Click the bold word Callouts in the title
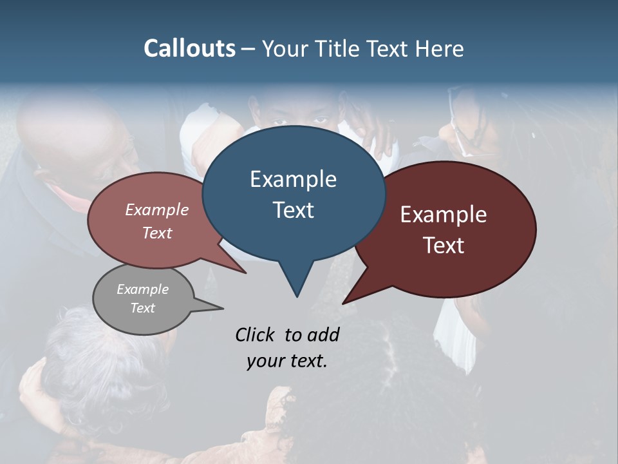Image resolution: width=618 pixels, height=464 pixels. (189, 48)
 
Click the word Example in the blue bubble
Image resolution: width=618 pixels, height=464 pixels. (293, 179)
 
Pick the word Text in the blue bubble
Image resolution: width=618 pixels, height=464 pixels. (293, 210)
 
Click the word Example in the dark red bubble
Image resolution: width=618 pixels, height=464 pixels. (444, 215)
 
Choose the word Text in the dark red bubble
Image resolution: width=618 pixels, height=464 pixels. (444, 246)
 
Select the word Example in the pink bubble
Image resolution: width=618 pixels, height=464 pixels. (157, 209)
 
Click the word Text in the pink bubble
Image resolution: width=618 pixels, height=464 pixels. (157, 233)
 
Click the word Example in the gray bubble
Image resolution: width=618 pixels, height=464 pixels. (143, 289)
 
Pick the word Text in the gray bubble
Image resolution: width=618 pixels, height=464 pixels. (143, 308)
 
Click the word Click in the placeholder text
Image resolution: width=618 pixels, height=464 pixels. (256, 334)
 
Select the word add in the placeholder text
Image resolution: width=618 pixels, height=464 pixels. (323, 334)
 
